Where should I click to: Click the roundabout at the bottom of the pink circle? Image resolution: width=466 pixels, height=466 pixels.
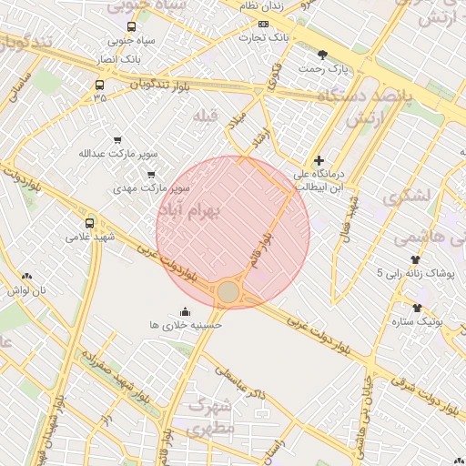(228, 291)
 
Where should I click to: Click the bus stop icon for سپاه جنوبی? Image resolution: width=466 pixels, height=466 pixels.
(132, 27)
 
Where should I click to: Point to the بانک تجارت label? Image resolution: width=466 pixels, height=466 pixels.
(264, 38)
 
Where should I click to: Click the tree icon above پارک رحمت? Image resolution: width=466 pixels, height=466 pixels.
(323, 55)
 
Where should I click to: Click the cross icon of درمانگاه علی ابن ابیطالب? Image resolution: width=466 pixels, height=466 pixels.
(318, 160)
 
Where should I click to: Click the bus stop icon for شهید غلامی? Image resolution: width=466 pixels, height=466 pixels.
(89, 223)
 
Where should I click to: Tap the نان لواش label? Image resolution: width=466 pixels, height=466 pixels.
(26, 290)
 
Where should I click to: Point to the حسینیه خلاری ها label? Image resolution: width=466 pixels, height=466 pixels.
(186, 324)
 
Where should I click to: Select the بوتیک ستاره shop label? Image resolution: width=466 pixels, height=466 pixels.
(416, 321)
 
